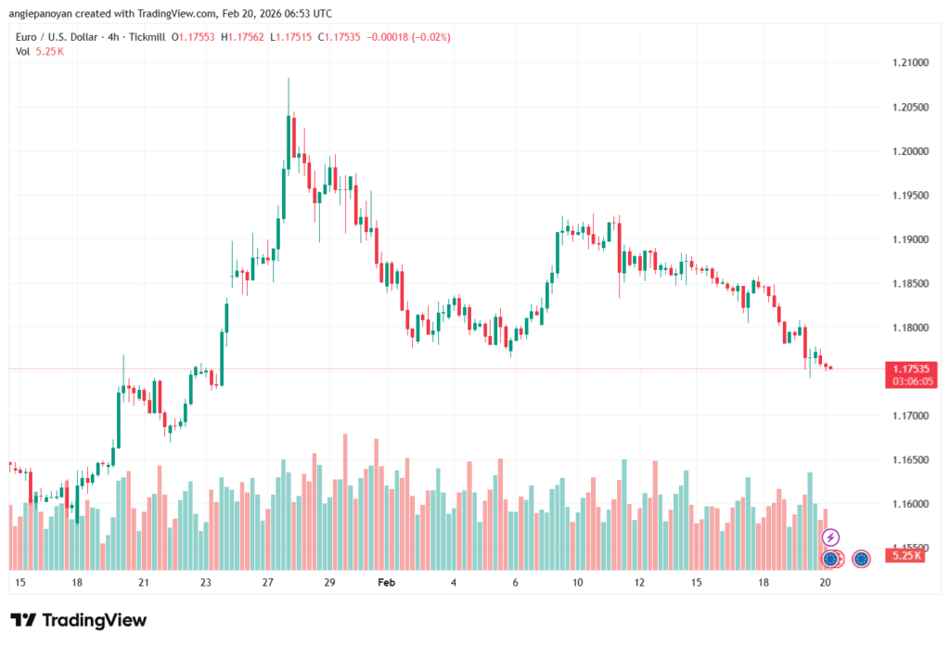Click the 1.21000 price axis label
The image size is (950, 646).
904,62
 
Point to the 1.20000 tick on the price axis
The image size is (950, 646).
904,150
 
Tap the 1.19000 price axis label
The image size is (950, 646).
904,239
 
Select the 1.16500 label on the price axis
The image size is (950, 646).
904,459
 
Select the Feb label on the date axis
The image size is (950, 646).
387,583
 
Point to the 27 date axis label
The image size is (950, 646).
267,583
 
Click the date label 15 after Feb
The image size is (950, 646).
696,583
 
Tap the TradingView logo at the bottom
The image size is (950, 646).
79,620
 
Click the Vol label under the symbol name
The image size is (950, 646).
23,51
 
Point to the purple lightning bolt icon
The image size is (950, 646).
831,537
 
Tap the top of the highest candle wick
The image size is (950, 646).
289,80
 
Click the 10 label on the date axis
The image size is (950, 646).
576,583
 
